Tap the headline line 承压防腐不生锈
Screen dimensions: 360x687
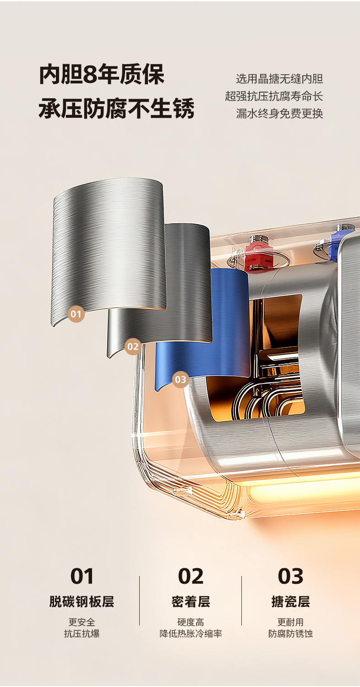pyautogui.click(x=117, y=108)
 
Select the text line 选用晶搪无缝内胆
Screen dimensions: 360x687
pyautogui.click(x=279, y=79)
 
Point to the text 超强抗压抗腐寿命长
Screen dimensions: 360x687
pyautogui.click(x=274, y=96)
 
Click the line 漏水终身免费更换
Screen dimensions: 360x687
pyautogui.click(x=279, y=114)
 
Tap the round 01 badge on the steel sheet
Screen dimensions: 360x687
pyautogui.click(x=76, y=314)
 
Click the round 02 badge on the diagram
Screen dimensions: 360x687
pyautogui.click(x=133, y=346)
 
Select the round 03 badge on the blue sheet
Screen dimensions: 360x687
pyautogui.click(x=180, y=379)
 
